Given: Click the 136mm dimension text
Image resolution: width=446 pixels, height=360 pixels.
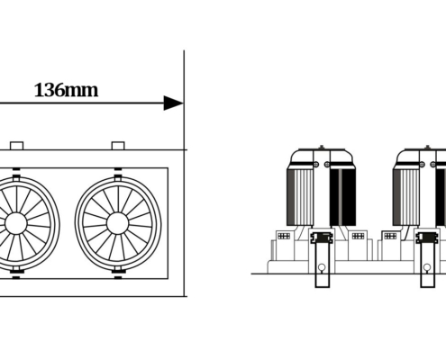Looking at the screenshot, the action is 66,90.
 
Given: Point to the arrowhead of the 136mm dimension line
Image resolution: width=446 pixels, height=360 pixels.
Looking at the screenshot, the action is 174,103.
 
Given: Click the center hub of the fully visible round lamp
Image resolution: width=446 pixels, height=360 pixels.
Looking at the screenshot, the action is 117,223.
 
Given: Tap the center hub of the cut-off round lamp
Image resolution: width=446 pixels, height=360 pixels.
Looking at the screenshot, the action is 16,223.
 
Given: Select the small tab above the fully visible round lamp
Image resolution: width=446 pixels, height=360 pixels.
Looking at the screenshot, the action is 118,146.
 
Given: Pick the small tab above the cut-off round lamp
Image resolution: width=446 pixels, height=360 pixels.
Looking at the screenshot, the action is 16,146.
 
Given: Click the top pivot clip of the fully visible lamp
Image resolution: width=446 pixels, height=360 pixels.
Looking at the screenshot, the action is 118,176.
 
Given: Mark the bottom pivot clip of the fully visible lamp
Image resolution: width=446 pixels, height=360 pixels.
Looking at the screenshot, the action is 118,270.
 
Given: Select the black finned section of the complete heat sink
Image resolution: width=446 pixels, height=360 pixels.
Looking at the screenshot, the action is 342,197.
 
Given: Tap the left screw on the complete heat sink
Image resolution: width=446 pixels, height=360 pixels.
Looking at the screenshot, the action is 315,164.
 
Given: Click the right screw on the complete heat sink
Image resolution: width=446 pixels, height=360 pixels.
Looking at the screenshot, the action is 327,164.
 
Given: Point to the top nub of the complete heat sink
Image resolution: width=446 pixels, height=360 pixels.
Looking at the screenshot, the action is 322,147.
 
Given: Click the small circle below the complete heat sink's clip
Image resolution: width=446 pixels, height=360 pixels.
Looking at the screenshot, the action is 322,267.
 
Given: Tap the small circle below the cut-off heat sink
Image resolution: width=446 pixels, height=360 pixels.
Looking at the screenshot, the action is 427,267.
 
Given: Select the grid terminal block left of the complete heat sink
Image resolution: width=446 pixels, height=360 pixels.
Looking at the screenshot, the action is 284,236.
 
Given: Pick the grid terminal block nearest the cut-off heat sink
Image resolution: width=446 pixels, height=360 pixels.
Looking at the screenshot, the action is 390,236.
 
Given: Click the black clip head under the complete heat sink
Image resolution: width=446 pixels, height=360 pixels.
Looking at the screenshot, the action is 322,238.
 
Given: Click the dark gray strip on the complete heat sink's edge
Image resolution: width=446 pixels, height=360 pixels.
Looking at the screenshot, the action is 291,197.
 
